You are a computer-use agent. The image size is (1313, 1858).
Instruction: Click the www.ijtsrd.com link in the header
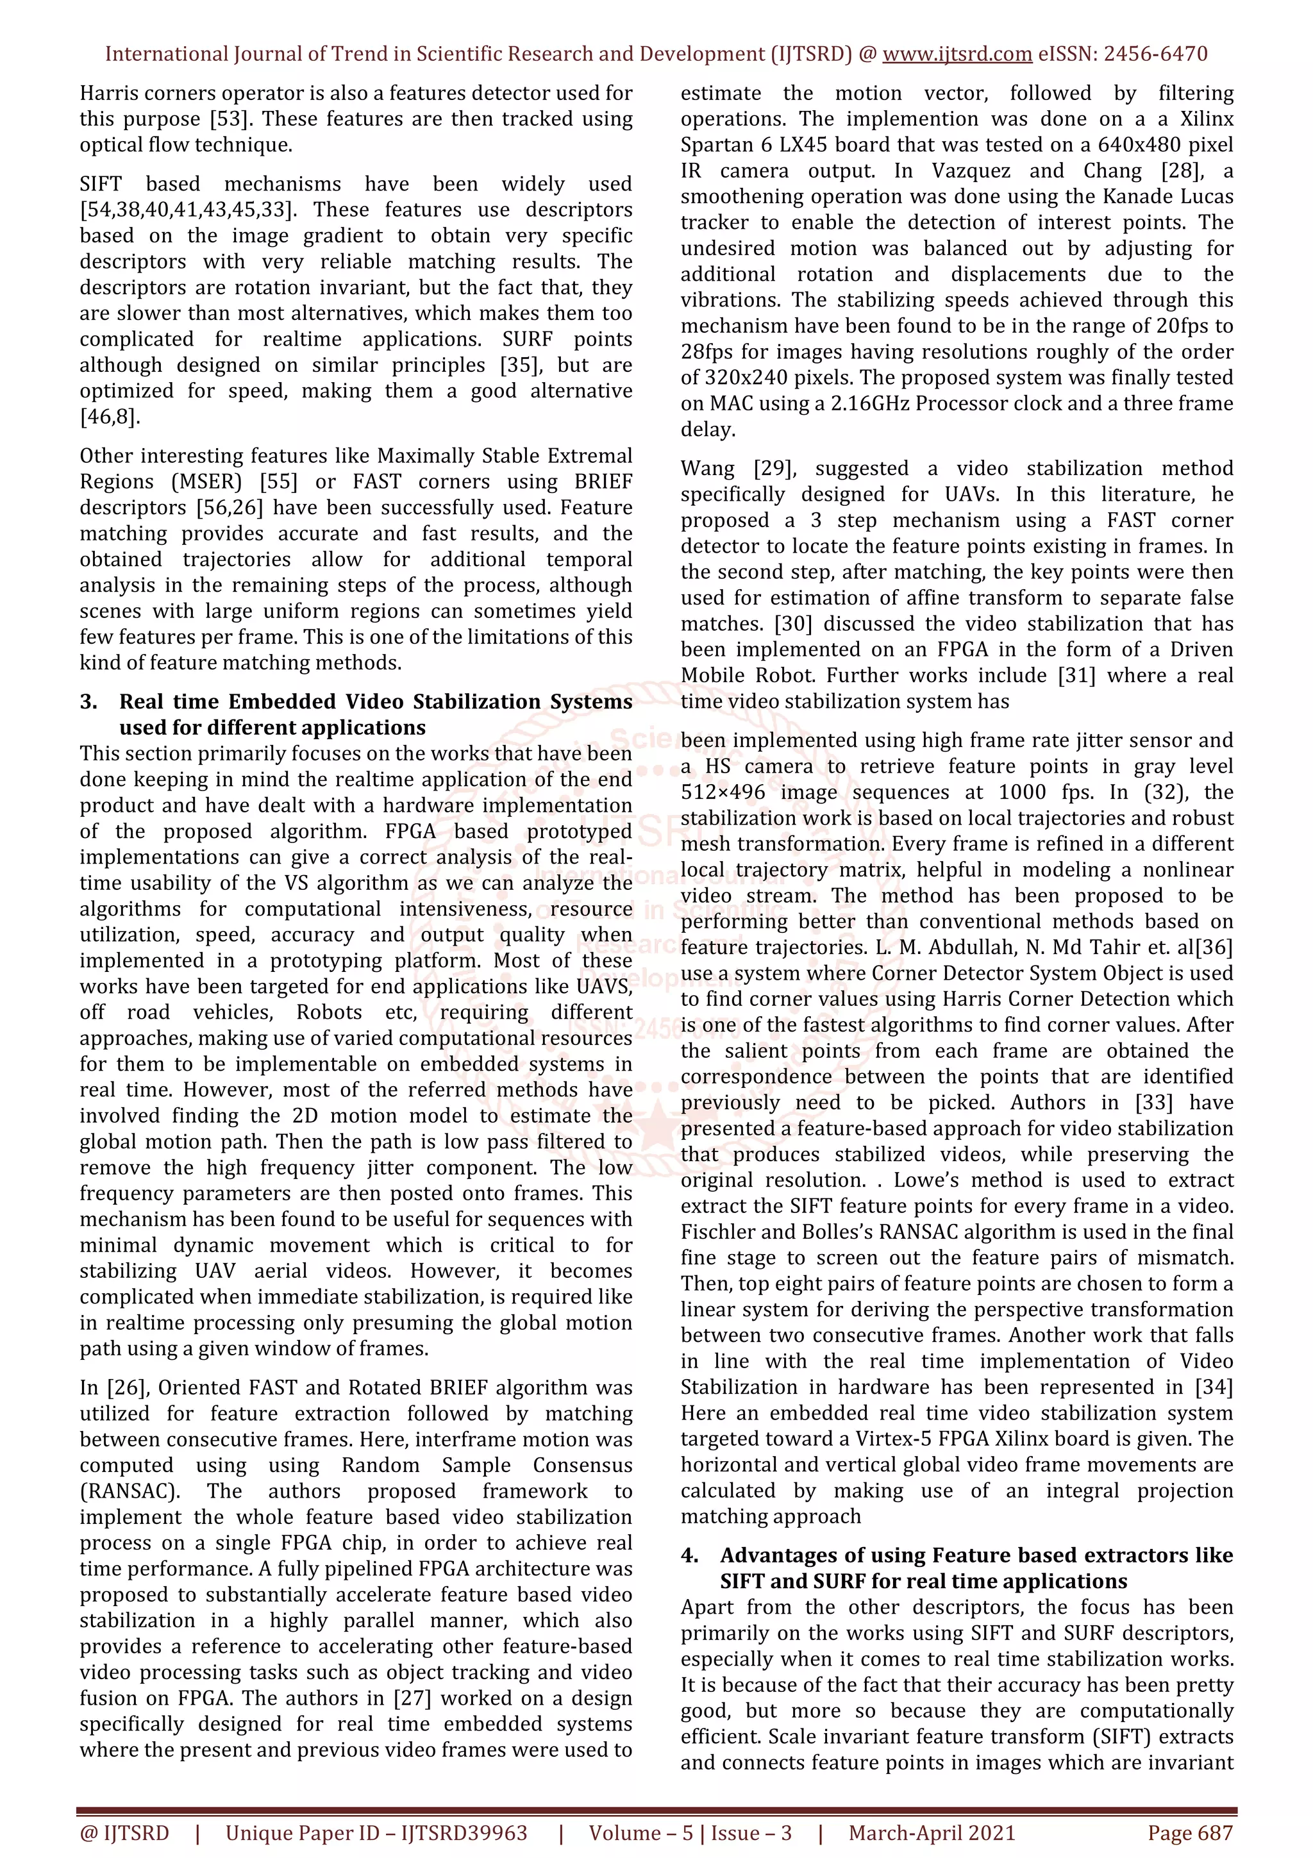[x=957, y=54]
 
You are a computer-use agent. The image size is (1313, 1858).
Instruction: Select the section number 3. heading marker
[x=89, y=701]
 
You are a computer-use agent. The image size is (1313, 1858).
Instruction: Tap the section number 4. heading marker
[x=690, y=1555]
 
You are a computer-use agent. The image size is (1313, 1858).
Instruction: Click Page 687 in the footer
[x=1189, y=1833]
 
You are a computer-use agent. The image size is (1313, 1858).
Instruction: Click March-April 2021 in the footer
[x=931, y=1833]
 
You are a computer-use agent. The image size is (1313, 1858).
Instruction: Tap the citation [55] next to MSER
[x=278, y=481]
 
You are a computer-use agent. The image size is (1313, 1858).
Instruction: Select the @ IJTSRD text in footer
[x=124, y=1833]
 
